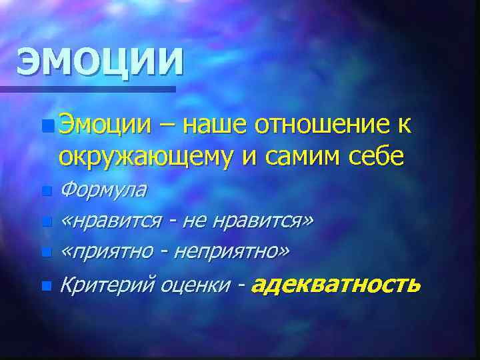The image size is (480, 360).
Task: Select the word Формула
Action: (x=103, y=190)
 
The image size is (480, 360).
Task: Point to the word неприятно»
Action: (x=232, y=251)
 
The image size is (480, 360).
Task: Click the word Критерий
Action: (x=107, y=286)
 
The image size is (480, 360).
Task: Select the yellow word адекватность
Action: (x=337, y=285)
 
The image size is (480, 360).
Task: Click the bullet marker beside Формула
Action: (x=45, y=191)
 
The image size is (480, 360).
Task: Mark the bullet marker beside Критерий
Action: (x=45, y=287)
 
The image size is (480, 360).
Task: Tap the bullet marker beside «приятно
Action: (x=45, y=252)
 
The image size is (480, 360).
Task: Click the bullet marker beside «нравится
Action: (x=45, y=221)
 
